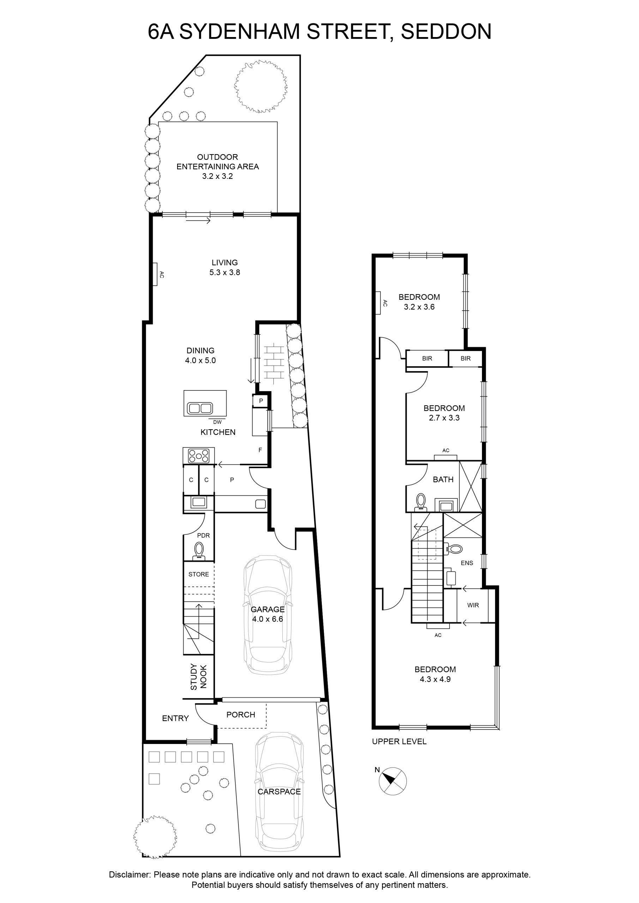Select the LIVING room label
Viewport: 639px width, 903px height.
pos(225,262)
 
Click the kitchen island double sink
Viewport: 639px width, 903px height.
pos(200,408)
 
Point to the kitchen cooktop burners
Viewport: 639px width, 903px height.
pos(199,456)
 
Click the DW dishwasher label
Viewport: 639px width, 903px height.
pos(217,422)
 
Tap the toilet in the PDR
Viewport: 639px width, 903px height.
pos(199,551)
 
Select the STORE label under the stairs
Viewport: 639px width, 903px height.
pos(199,574)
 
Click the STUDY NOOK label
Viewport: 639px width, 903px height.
pos(198,677)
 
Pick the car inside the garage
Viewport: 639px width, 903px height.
pos(267,615)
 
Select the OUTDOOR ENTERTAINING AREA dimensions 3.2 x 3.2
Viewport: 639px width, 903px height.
pos(218,176)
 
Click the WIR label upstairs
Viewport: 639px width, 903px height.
pos(473,605)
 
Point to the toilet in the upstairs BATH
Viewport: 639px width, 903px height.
pos(421,502)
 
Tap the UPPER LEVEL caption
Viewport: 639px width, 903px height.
pos(399,741)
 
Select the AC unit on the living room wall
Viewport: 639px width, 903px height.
pos(155,274)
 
